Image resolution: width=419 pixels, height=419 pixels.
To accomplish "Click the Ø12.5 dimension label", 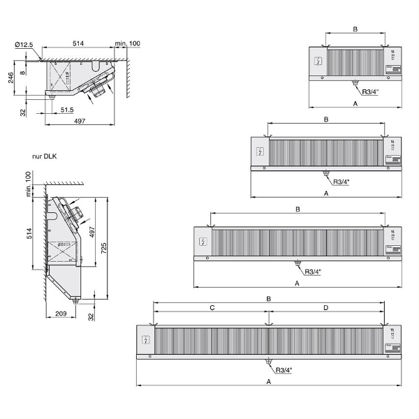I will [x=23, y=45].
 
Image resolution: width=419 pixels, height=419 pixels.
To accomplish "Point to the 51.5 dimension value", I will [x=67, y=110].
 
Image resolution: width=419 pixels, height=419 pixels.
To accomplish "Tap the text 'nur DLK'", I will [x=44, y=157].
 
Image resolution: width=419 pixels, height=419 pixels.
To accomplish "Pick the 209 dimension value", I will [x=61, y=314].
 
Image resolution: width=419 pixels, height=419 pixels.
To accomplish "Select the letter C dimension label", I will [x=212, y=307].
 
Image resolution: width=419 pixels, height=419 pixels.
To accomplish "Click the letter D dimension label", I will [x=325, y=307].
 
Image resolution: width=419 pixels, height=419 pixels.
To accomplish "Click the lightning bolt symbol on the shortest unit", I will [x=319, y=61].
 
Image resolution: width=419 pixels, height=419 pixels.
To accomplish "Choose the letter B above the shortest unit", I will [x=355, y=29].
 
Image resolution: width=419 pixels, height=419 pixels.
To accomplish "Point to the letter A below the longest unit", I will [x=269, y=383].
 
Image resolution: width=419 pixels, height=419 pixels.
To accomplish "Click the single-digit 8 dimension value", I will [x=23, y=72].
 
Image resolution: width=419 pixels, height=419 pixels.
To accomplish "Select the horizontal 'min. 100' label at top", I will [x=128, y=44].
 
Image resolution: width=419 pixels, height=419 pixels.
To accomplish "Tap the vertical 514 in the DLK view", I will [x=29, y=234].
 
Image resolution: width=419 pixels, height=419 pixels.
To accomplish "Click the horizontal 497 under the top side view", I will [x=80, y=122].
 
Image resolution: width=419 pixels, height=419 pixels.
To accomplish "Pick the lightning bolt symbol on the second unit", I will [x=260, y=152].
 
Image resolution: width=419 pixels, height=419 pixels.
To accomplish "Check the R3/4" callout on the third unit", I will [x=314, y=272].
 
